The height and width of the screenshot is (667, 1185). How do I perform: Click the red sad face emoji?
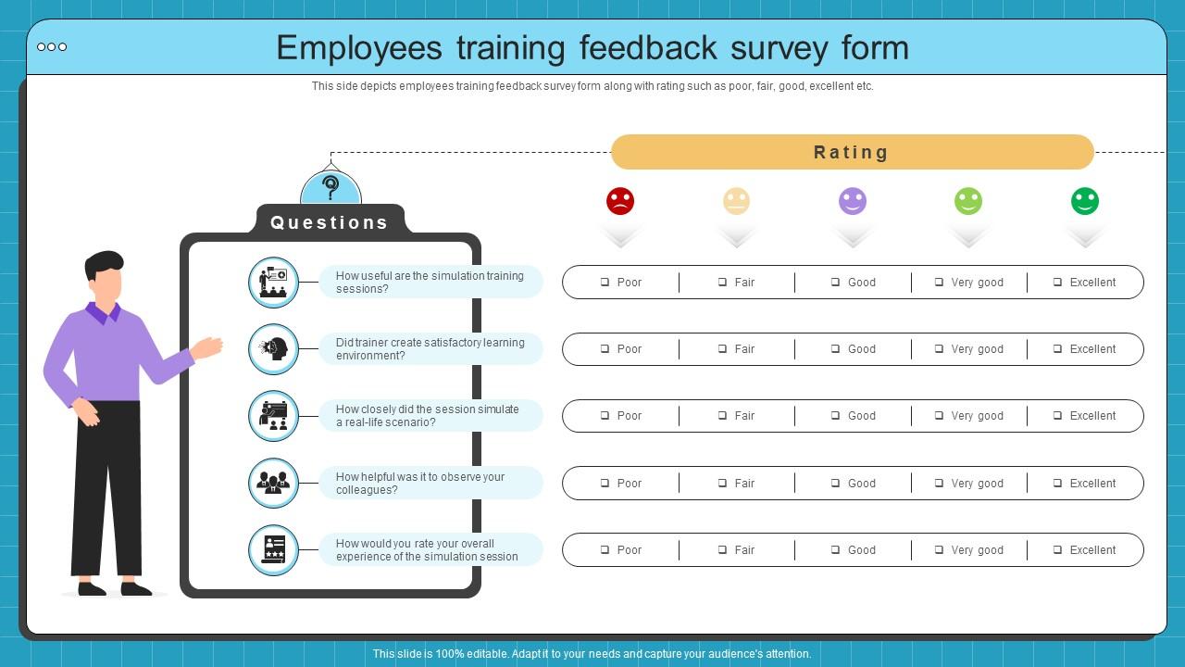pos(620,201)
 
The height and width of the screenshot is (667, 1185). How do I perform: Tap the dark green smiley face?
pos(1085,201)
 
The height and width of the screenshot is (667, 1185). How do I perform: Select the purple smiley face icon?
pos(853,201)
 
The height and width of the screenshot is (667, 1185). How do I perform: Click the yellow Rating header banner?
pos(852,152)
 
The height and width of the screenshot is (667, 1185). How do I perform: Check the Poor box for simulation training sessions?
pos(605,283)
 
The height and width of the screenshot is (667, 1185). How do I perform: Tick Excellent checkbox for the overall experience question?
pos(1057,550)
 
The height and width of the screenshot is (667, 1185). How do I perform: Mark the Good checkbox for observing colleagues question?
pos(835,484)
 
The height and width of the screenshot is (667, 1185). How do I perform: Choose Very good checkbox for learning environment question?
pos(939,349)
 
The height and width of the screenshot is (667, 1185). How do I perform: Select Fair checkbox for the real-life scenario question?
pos(722,416)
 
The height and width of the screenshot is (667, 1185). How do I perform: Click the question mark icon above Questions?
pos(331,187)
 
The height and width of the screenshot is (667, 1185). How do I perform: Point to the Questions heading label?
pos(330,222)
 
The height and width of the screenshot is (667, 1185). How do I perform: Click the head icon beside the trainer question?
pos(274,349)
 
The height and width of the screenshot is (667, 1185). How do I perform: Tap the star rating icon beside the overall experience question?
pos(274,550)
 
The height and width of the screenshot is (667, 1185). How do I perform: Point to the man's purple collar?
pos(104,312)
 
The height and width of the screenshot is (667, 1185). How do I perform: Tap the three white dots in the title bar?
pos(52,47)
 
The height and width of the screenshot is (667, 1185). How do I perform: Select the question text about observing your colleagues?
pos(420,484)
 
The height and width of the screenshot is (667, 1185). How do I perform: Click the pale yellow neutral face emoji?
pos(736,201)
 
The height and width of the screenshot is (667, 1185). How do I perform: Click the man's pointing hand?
pos(209,347)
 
